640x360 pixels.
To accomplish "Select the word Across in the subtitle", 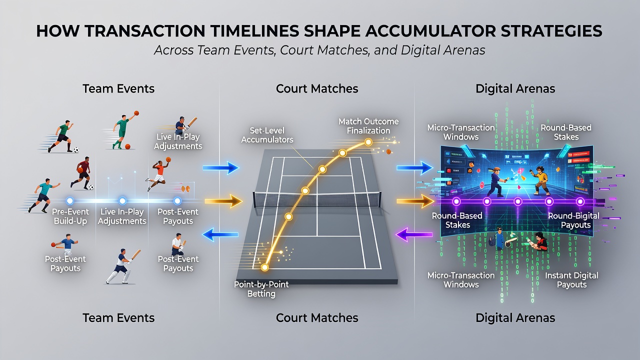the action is pyautogui.click(x=173, y=50).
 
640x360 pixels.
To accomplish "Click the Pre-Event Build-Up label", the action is pyautogui.click(x=70, y=216).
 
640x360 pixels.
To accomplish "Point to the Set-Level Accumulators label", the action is pyautogui.click(x=267, y=135).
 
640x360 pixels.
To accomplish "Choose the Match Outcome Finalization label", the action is pyautogui.click(x=368, y=126).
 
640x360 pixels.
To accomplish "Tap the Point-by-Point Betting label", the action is pyautogui.click(x=261, y=289).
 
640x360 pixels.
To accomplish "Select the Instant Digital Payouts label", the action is pyautogui.click(x=571, y=279).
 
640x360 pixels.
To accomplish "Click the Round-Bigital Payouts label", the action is pyautogui.click(x=573, y=220).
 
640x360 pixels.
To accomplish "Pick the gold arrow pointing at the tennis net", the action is pyautogui.click(x=223, y=201).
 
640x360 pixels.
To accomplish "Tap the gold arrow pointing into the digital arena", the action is pyautogui.click(x=415, y=201).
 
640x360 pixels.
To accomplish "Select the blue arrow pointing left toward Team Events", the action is pyautogui.click(x=220, y=234).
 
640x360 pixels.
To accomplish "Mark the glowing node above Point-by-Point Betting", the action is pyautogui.click(x=265, y=267).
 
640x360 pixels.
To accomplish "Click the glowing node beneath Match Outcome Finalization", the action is pyautogui.click(x=368, y=142).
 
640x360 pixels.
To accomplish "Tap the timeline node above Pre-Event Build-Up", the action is pyautogui.click(x=69, y=201).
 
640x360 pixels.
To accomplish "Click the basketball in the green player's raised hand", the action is pyautogui.click(x=136, y=113).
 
